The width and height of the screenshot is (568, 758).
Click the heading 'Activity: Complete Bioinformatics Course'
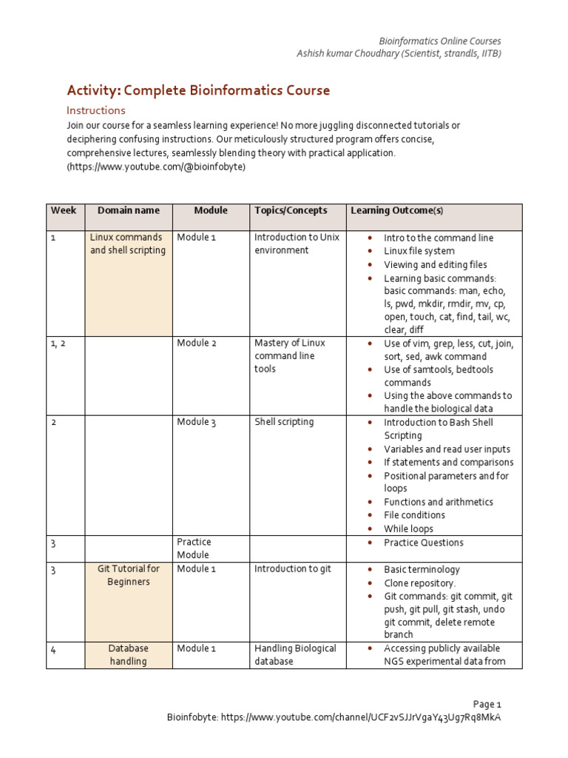[198, 90]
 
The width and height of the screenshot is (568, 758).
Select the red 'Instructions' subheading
[96, 110]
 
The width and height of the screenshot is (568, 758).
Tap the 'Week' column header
[64, 211]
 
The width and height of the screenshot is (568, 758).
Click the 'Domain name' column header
[128, 211]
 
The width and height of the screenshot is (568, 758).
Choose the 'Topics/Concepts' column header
[291, 211]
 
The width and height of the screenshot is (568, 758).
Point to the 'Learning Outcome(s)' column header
[396, 211]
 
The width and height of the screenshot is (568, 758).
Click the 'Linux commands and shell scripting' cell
[128, 244]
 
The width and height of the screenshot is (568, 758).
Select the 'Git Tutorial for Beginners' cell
[128, 575]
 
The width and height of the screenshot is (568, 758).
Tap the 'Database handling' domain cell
[129, 654]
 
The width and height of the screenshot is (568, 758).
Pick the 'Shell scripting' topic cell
[284, 422]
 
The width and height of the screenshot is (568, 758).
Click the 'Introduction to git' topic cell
[293, 568]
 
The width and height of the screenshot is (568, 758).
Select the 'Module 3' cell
[196, 422]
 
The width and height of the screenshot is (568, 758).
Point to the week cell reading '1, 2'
[58, 343]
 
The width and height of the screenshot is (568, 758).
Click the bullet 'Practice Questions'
[423, 543]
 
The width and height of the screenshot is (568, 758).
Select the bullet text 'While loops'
[408, 529]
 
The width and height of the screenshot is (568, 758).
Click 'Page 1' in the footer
[487, 704]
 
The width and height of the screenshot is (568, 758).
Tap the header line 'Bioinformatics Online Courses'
[439, 41]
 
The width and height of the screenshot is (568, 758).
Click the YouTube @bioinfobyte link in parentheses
[156, 167]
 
